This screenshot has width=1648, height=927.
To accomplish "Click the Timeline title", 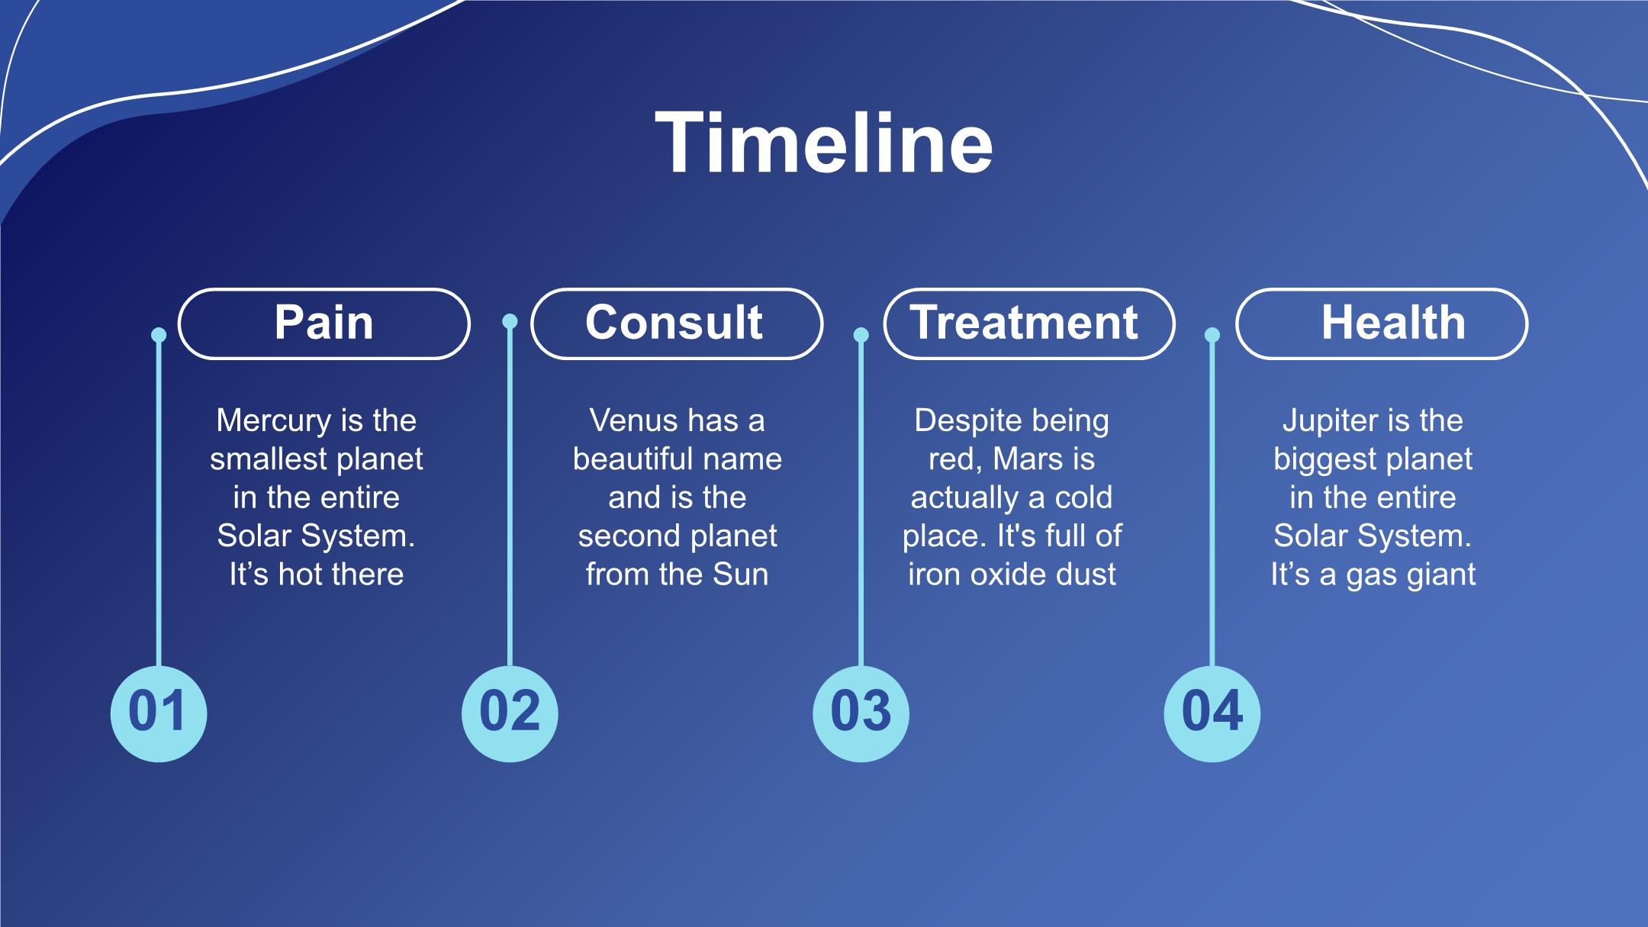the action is (x=824, y=143).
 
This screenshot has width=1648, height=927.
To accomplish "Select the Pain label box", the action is (x=324, y=323).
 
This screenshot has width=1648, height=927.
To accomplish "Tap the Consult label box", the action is (x=677, y=323).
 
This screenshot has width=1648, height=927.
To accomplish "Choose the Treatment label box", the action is (x=1029, y=323).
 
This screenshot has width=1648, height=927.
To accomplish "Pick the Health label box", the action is (x=1382, y=323).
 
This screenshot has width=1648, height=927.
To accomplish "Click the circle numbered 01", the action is (x=159, y=713).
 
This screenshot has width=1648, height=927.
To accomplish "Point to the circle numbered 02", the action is (x=510, y=713).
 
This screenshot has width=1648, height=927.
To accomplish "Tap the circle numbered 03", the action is (x=861, y=713).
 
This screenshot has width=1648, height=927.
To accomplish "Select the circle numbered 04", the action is (x=1212, y=713).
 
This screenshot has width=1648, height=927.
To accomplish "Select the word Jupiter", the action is (x=1329, y=421).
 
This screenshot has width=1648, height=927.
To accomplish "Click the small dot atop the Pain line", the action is (x=159, y=335).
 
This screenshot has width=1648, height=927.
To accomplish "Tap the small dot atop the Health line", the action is (x=1212, y=335).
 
